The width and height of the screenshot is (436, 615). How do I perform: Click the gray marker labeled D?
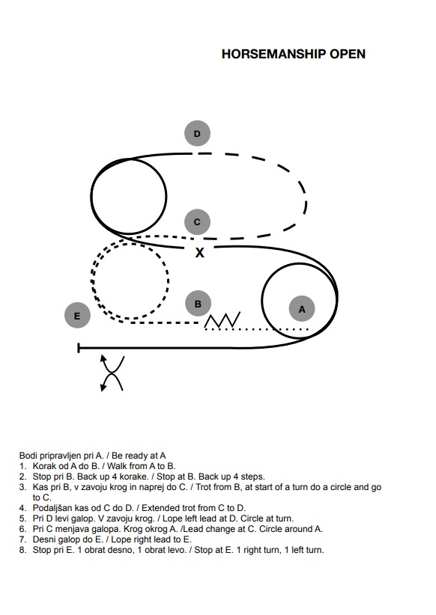[x=197, y=133]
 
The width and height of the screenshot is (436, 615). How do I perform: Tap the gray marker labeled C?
[x=197, y=222]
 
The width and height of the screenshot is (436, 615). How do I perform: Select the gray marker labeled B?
[x=198, y=304]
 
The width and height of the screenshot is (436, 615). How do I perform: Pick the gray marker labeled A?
[x=302, y=309]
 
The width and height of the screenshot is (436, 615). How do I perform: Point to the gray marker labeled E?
[x=77, y=316]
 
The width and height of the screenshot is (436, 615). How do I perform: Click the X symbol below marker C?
[x=199, y=253]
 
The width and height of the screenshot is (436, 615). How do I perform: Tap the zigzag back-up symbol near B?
[x=222, y=320]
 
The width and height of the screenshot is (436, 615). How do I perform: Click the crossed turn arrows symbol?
[x=112, y=373]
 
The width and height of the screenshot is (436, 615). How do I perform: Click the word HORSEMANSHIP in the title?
[x=273, y=54]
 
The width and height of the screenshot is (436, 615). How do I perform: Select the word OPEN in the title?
[x=348, y=54]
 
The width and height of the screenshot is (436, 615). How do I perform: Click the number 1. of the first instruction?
[x=22, y=466]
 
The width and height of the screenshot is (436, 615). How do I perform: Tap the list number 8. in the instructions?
[x=22, y=551]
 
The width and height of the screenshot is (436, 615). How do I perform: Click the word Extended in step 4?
[x=158, y=508]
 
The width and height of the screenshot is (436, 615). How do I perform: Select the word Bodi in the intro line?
[x=28, y=456]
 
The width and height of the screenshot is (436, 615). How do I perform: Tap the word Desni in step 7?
[x=43, y=539]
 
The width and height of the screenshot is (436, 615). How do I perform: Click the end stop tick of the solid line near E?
[x=79, y=348]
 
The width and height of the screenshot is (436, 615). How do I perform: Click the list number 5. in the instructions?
[x=22, y=518]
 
